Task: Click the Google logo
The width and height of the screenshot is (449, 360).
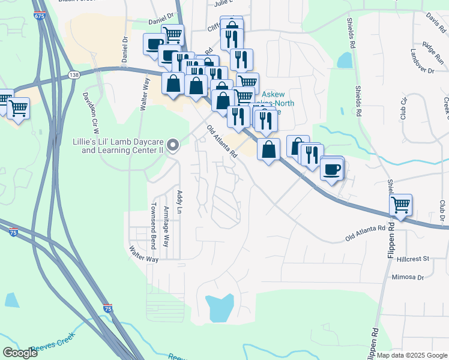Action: (x=20, y=353)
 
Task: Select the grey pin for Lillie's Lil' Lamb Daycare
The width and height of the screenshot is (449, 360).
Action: (x=173, y=145)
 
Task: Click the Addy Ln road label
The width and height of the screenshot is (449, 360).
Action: (x=179, y=202)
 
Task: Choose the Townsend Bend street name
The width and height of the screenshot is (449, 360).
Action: (x=153, y=226)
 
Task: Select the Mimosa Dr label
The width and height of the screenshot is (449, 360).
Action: (x=408, y=278)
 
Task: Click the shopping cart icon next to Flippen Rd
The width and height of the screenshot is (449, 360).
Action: (x=400, y=204)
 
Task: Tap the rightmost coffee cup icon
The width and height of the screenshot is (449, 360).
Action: (x=331, y=169)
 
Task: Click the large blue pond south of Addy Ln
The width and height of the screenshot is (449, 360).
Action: (x=218, y=308)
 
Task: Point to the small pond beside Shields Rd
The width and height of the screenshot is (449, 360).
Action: (x=345, y=60)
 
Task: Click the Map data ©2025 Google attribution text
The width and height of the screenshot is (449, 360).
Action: (x=412, y=354)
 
